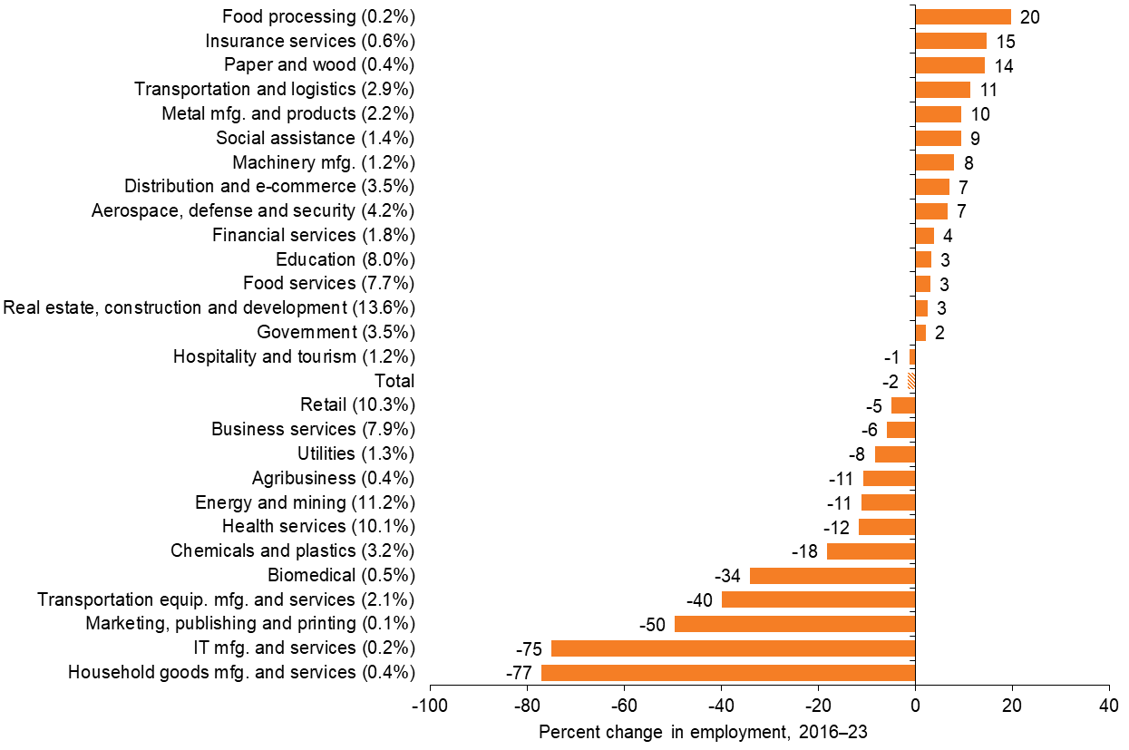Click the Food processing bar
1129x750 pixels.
[x=963, y=16]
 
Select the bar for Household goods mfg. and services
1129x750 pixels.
[x=728, y=672]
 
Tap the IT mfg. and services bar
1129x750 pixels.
[x=733, y=648]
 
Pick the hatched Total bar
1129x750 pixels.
[x=911, y=381]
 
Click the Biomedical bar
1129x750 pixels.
[x=832, y=575]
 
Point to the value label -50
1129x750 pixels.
[x=652, y=624]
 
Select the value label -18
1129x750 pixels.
[x=805, y=551]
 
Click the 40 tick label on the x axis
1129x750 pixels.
[x=1109, y=706]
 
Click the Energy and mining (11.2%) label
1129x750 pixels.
[x=305, y=502]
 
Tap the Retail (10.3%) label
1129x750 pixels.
[x=357, y=404]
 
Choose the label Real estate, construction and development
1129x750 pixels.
[x=209, y=307]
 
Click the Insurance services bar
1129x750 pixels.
[x=950, y=41]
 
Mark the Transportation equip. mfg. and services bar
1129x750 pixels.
[x=818, y=599]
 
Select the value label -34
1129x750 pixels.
[x=728, y=576]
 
